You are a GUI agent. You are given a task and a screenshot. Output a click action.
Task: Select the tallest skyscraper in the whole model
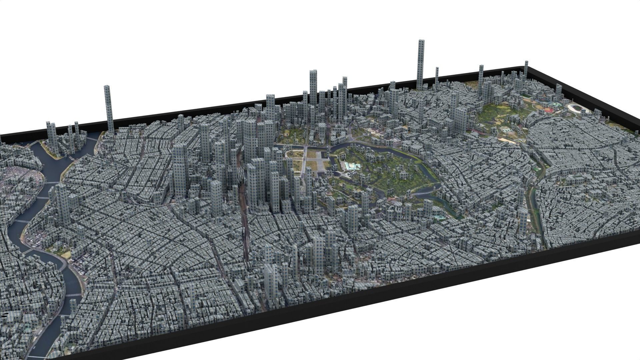[421, 63]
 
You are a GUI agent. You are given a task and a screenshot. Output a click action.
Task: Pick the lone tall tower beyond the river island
[108, 108]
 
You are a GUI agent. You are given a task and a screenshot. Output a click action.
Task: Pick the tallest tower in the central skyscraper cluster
[313, 87]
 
